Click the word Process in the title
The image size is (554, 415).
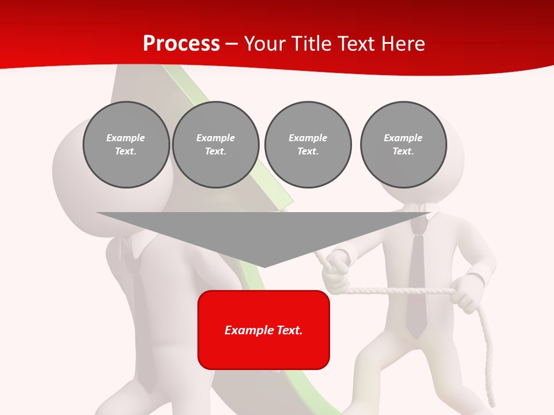(x=181, y=44)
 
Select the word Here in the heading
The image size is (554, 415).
(x=403, y=44)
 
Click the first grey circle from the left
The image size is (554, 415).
(x=126, y=145)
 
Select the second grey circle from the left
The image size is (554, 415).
(x=215, y=145)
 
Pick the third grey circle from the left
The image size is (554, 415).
(x=308, y=145)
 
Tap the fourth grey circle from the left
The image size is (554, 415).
(x=403, y=145)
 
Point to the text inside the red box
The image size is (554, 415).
(x=264, y=330)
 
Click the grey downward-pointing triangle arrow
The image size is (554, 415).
(x=264, y=233)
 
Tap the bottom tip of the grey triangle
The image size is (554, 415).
(x=264, y=266)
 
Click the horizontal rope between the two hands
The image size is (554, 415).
(x=398, y=291)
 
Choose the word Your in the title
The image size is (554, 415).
(x=265, y=44)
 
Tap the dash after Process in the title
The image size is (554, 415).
(x=231, y=44)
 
